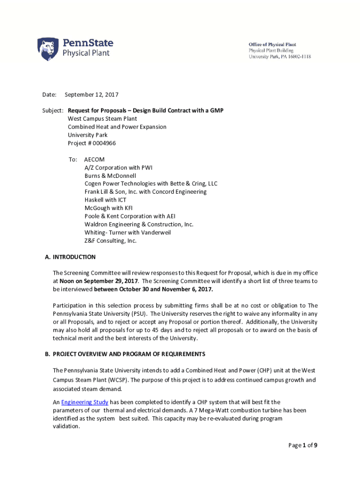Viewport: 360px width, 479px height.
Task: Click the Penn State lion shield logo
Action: [x=48, y=49]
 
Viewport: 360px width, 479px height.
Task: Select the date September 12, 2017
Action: [x=91, y=95]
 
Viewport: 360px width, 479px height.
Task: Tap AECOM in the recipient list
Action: [x=94, y=160]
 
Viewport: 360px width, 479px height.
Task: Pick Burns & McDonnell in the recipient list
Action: [x=110, y=175]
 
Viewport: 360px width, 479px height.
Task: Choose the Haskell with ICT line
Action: [x=105, y=200]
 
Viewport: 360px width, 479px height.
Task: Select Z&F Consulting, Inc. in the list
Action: [x=110, y=240]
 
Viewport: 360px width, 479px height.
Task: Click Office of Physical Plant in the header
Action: [x=272, y=44]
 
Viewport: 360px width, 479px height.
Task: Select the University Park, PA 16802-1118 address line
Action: [x=279, y=57]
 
